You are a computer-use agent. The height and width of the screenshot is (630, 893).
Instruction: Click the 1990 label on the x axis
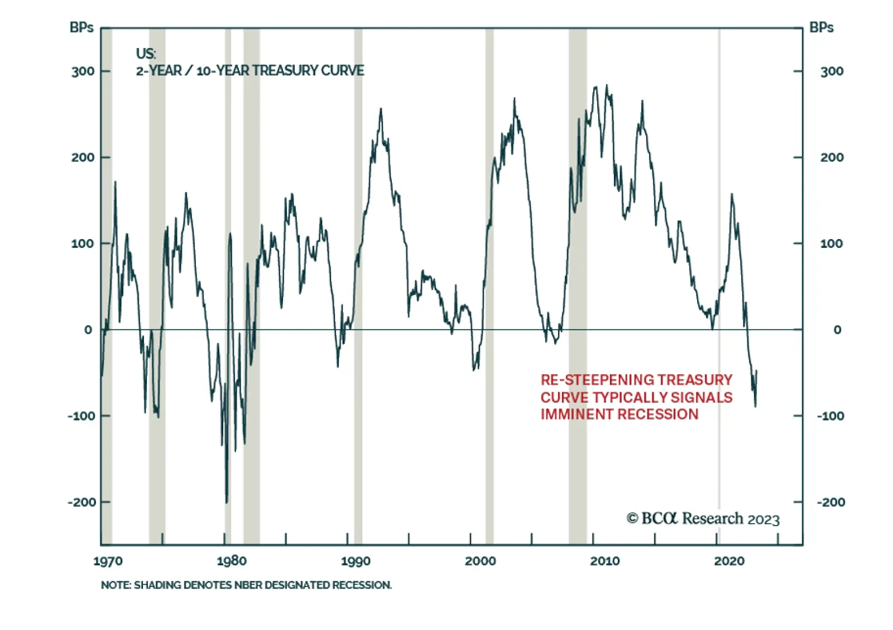pyautogui.click(x=356, y=561)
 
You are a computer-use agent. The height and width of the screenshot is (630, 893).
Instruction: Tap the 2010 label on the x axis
pyautogui.click(x=605, y=561)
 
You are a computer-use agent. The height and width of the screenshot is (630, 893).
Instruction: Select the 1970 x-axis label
pyautogui.click(x=108, y=561)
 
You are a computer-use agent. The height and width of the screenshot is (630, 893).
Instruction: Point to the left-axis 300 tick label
pyautogui.click(x=83, y=71)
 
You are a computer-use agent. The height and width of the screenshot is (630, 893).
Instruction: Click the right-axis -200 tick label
pyautogui.click(x=831, y=502)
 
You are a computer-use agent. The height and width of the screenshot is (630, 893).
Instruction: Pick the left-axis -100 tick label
pyautogui.click(x=81, y=416)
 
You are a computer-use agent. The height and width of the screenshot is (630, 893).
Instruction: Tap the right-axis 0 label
pyautogui.click(x=837, y=330)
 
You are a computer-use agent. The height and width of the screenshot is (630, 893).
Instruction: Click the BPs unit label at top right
pyautogui.click(x=821, y=27)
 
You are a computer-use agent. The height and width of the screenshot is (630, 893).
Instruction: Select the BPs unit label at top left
pyautogui.click(x=81, y=27)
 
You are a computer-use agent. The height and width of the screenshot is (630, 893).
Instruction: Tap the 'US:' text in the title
pyautogui.click(x=146, y=54)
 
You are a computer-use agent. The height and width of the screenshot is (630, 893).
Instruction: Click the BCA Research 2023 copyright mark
pyautogui.click(x=703, y=519)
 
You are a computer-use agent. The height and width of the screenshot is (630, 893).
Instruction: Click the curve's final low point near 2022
pyautogui.click(x=756, y=406)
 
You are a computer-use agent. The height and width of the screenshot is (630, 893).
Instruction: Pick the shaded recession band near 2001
pyautogui.click(x=489, y=223)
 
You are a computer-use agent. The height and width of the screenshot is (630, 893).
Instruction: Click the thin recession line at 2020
pyautogui.click(x=719, y=223)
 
